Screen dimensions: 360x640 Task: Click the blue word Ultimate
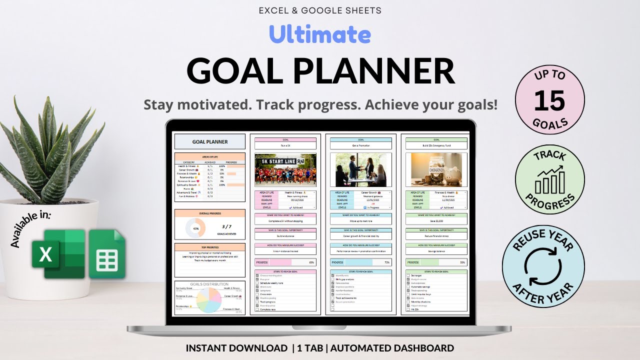[320, 34]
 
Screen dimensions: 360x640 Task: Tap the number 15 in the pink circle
[549, 101]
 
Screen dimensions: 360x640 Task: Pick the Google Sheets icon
[107, 254]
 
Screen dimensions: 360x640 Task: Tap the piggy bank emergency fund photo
[436, 170]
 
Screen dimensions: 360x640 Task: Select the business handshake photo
[360, 170]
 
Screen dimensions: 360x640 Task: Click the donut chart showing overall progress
[195, 228]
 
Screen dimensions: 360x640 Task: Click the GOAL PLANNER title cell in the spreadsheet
[210, 141]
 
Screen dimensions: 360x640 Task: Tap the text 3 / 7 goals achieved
[226, 229]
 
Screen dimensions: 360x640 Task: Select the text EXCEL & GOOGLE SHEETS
[320, 10]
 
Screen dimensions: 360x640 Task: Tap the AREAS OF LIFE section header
[210, 156]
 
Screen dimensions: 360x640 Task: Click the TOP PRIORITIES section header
[210, 247]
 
